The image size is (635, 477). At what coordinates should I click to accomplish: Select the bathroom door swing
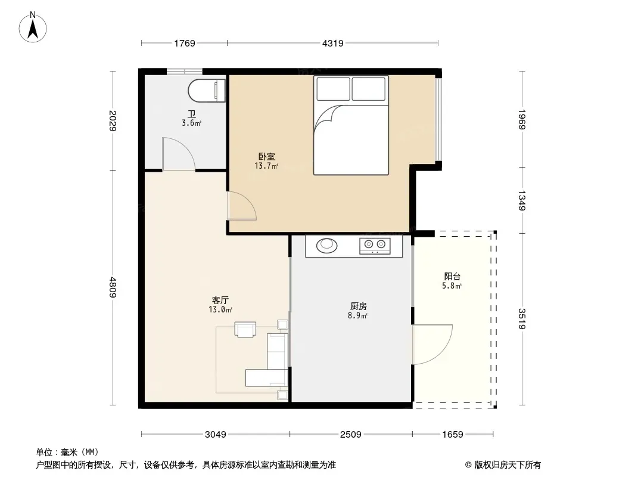pyautogui.click(x=178, y=154)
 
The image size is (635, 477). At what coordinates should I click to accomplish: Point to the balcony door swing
pyautogui.click(x=432, y=344)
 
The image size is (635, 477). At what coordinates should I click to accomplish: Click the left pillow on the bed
pyautogui.click(x=333, y=89)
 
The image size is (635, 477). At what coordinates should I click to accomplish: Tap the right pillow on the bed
pyautogui.click(x=369, y=89)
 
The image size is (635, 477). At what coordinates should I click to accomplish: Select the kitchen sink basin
pyautogui.click(x=327, y=244)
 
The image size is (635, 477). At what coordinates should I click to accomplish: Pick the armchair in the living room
pyautogui.click(x=245, y=329)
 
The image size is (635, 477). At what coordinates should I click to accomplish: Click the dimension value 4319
pyautogui.click(x=334, y=43)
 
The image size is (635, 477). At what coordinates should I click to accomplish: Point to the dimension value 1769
pyautogui.click(x=185, y=43)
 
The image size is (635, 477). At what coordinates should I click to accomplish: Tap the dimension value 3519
pyautogui.click(x=522, y=318)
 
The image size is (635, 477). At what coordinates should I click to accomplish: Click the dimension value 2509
pyautogui.click(x=351, y=435)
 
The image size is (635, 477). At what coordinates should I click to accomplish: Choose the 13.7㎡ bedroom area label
pyautogui.click(x=266, y=166)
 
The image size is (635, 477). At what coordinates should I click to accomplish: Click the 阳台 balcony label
pyautogui.click(x=452, y=277)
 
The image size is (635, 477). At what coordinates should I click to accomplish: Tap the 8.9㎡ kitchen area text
pyautogui.click(x=358, y=315)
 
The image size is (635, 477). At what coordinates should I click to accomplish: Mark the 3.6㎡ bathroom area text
pyautogui.click(x=191, y=123)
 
